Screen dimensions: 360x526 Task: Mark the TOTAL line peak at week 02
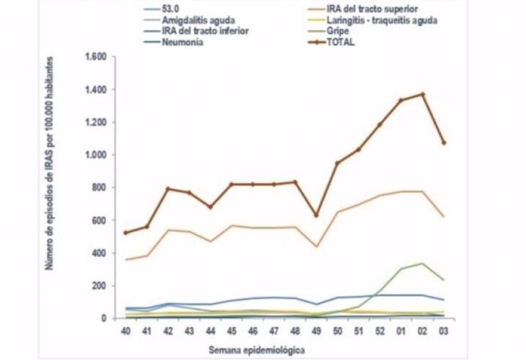pos(423,94)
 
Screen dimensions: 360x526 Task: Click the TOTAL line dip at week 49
pos(316,215)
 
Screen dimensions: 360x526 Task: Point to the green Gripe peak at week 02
pos(423,264)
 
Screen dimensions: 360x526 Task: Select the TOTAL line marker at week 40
pos(127,233)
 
